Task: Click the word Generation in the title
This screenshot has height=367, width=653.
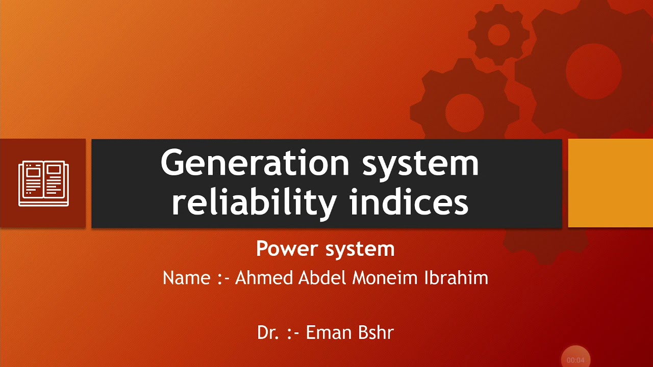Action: pos(255,163)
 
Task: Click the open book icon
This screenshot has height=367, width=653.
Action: pos(43,183)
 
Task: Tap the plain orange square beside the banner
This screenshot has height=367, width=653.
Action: pos(610,183)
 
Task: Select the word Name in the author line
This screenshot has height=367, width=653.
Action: pos(186,278)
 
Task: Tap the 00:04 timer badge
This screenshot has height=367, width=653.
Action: pos(575,359)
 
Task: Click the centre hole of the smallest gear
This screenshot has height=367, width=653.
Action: pos(499,35)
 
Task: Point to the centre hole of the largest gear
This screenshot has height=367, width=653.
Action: pos(593,71)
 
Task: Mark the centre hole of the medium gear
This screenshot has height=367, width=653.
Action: pos(464,113)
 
